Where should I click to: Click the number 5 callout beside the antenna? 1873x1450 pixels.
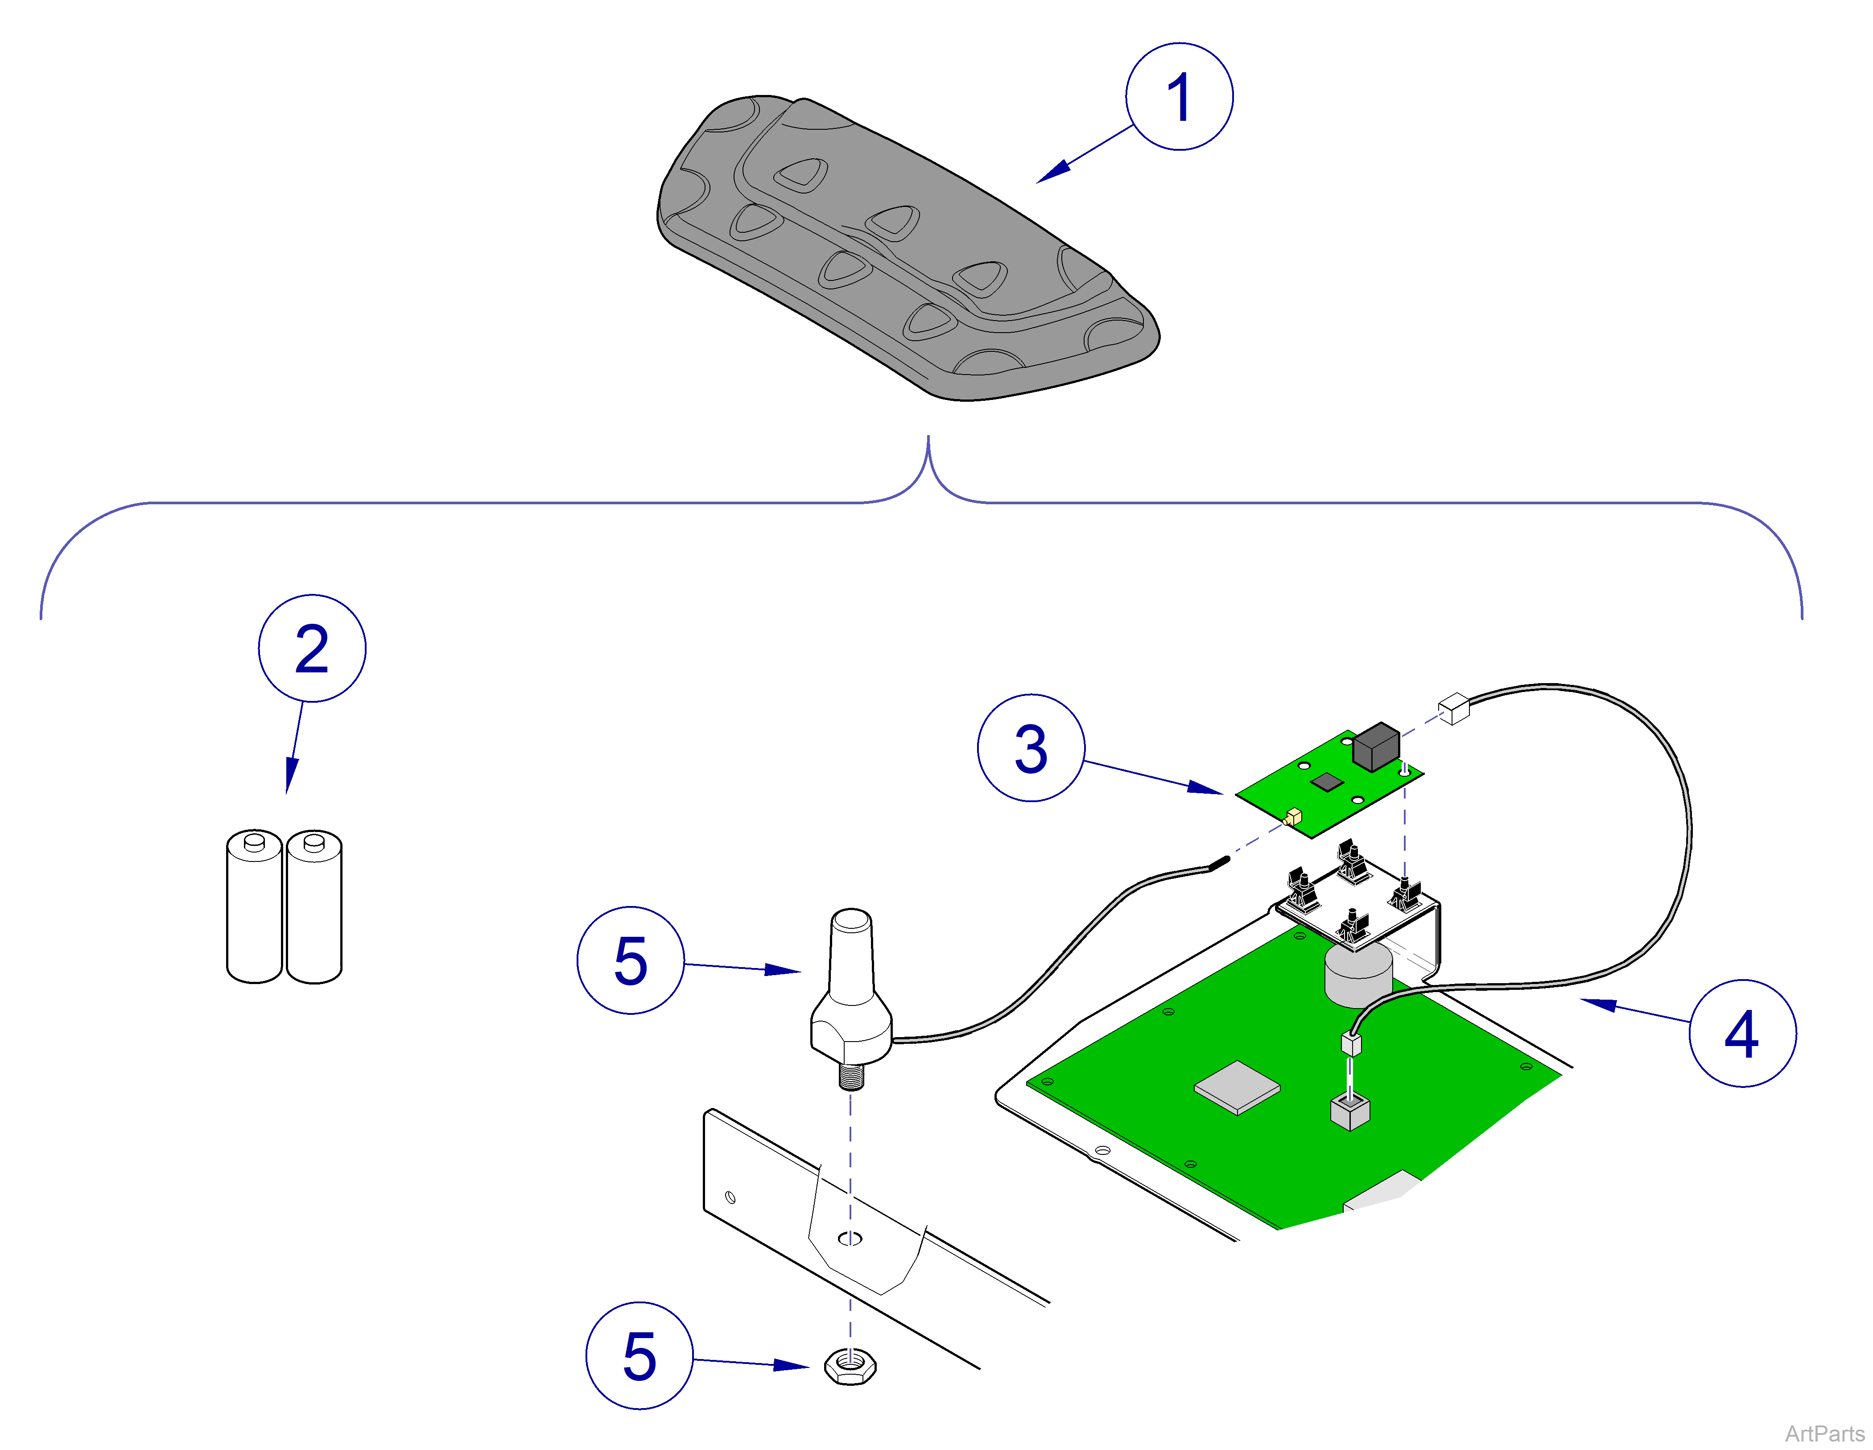click(x=630, y=960)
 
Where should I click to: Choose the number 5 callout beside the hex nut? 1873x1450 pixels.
click(x=639, y=1355)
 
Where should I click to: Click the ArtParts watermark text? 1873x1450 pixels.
click(x=1824, y=1433)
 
